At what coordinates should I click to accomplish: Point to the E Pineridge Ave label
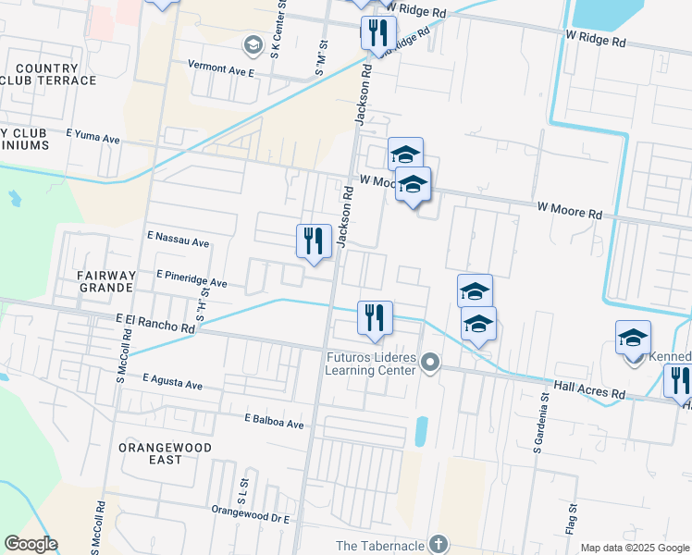point(192,279)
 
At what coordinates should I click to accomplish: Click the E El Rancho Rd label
point(155,324)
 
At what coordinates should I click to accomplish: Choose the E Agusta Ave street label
point(173,381)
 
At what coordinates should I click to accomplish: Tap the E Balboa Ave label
point(274,422)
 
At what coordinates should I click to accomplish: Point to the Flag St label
point(574,519)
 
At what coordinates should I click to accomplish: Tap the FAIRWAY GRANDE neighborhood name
point(94,282)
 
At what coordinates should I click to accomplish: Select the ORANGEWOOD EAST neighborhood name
point(165,453)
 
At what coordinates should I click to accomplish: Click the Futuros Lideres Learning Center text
point(370,364)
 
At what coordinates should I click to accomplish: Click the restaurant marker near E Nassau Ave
point(314,240)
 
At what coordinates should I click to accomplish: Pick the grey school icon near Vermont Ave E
point(252,44)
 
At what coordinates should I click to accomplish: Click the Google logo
point(31,544)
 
